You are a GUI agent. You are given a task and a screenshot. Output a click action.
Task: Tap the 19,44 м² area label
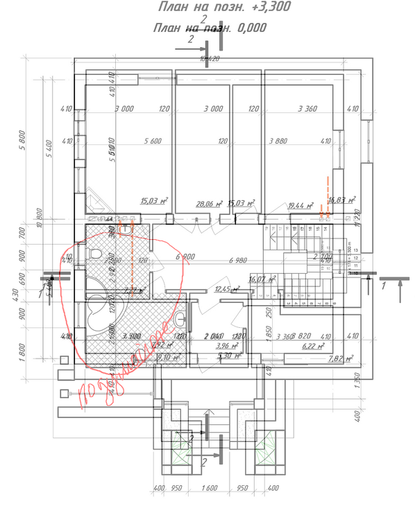300,206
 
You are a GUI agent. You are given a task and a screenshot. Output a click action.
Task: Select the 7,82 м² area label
341,358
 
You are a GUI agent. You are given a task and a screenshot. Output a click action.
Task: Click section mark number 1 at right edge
382,284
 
